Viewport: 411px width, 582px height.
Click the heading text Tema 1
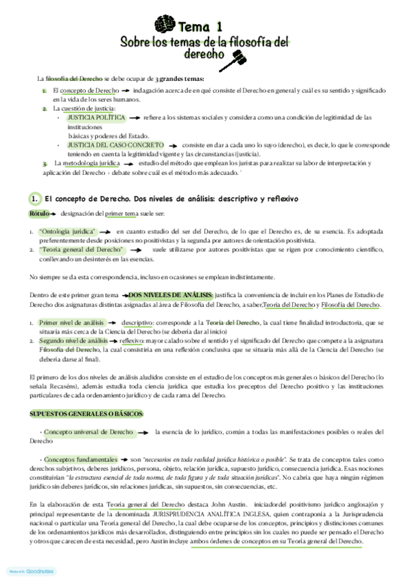(x=200, y=27)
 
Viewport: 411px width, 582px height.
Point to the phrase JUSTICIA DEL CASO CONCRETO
(x=116, y=145)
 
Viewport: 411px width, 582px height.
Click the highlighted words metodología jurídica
(x=91, y=164)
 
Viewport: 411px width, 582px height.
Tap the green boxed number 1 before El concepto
(x=35, y=198)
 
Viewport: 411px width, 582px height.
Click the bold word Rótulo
(x=39, y=214)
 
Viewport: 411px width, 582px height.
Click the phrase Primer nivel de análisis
(x=71, y=322)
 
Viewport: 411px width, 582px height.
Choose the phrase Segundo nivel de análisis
(x=73, y=340)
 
